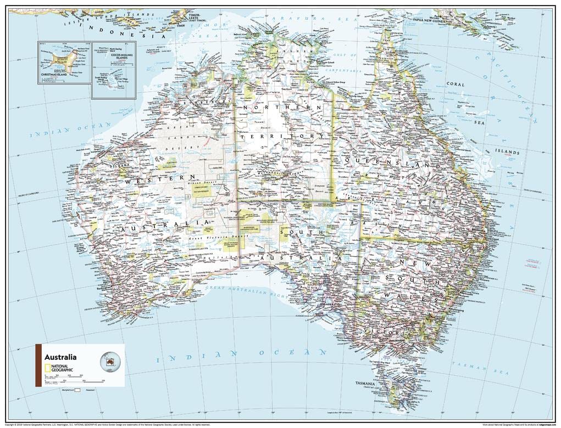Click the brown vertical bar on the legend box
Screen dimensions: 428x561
[38, 365]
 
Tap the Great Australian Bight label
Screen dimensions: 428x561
[247, 290]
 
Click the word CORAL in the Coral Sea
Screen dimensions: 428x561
[456, 85]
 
